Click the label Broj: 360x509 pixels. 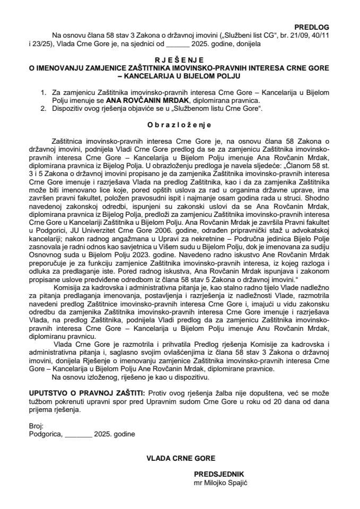click(37, 426)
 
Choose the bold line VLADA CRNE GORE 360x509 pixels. click(181, 457)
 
